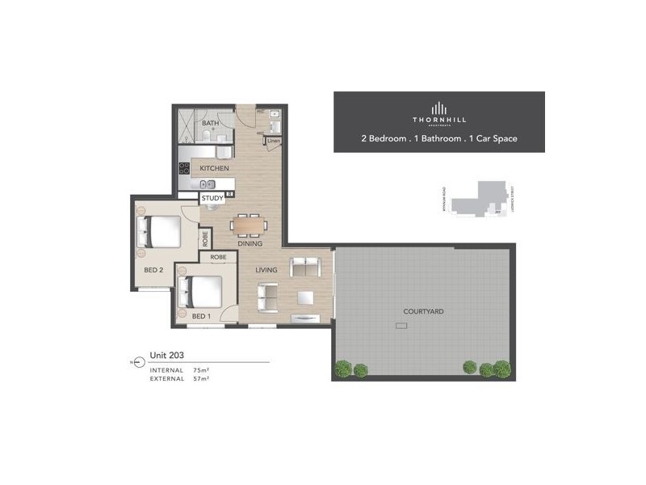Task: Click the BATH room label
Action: pyautogui.click(x=210, y=124)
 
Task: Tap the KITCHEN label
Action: pyautogui.click(x=214, y=168)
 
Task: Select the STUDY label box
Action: pyautogui.click(x=212, y=197)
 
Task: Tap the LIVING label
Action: pyautogui.click(x=266, y=269)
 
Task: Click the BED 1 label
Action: pyautogui.click(x=201, y=315)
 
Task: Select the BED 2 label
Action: pyautogui.click(x=154, y=270)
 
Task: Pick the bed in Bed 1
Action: pyautogui.click(x=203, y=291)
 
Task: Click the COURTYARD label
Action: pyautogui.click(x=424, y=311)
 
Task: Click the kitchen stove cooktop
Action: pyautogui.click(x=184, y=169)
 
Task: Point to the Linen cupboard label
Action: pyautogui.click(x=274, y=141)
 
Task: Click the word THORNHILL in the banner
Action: pyautogui.click(x=439, y=121)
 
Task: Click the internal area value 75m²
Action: pyautogui.click(x=200, y=370)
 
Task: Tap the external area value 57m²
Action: pyautogui.click(x=200, y=378)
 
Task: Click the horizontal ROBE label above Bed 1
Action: pyautogui.click(x=218, y=257)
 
